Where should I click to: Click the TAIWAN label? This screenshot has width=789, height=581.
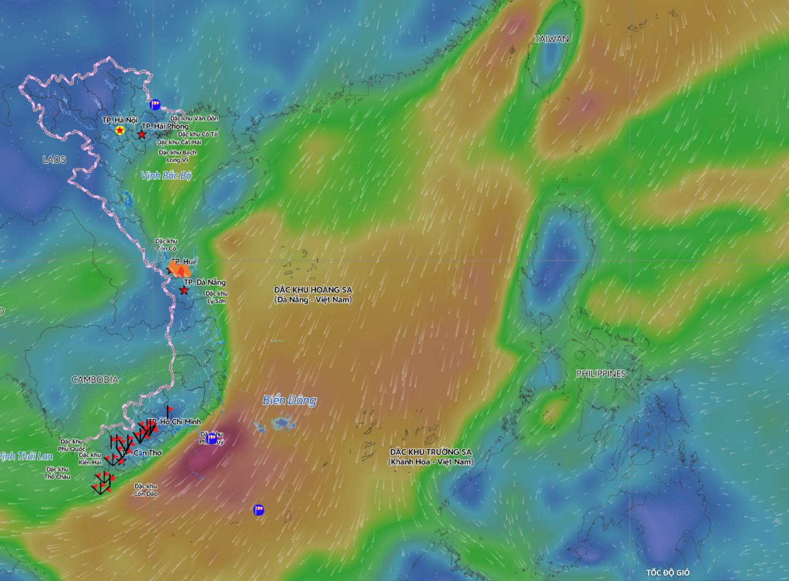pyautogui.click(x=552, y=39)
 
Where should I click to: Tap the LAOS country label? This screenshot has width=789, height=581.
pyautogui.click(x=54, y=160)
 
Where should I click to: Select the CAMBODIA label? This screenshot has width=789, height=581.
pyautogui.click(x=95, y=380)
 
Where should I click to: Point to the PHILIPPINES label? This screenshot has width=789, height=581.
pyautogui.click(x=601, y=374)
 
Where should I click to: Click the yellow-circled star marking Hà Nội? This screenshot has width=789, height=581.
pyautogui.click(x=119, y=130)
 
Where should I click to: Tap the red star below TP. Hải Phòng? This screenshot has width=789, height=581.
pyautogui.click(x=142, y=134)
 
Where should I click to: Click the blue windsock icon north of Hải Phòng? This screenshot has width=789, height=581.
pyautogui.click(x=155, y=104)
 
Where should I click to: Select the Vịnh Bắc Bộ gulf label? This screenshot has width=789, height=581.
pyautogui.click(x=166, y=175)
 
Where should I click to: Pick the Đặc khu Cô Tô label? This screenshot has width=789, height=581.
pyautogui.click(x=198, y=134)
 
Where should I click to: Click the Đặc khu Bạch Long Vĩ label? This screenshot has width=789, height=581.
pyautogui.click(x=177, y=156)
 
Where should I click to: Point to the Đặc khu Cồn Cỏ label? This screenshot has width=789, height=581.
pyautogui.click(x=166, y=245)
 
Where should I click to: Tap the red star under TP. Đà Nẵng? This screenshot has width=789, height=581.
pyautogui.click(x=184, y=290)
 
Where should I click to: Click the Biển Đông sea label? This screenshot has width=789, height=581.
pyautogui.click(x=289, y=400)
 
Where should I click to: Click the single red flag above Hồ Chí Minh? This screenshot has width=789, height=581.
pyautogui.click(x=169, y=410)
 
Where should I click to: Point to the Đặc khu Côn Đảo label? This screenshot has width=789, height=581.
pyautogui.click(x=145, y=490)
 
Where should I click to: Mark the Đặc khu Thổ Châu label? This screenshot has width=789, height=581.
pyautogui.click(x=57, y=473)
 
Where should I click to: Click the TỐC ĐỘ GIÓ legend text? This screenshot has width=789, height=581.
pyautogui.click(x=667, y=572)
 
